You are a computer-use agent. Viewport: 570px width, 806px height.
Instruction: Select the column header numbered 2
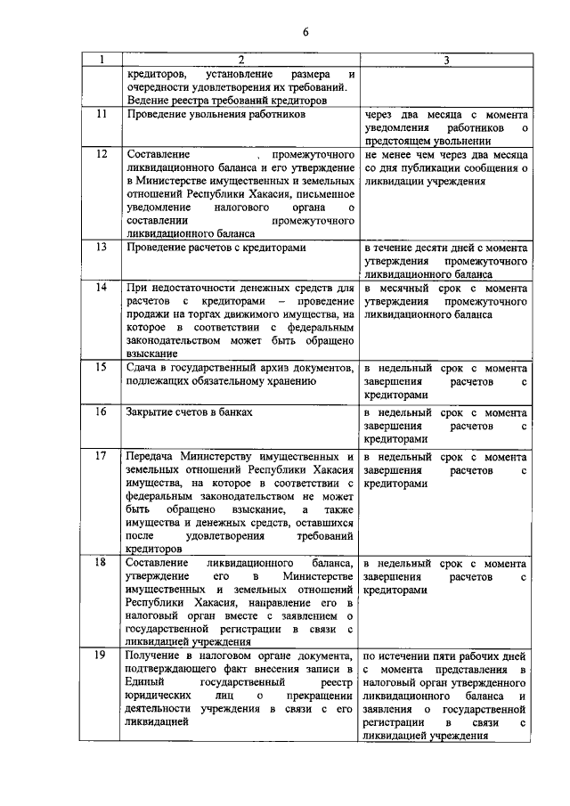pyautogui.click(x=240, y=61)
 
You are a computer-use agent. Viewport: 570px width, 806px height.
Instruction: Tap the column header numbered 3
pyautogui.click(x=446, y=61)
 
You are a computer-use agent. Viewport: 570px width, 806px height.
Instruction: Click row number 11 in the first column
pyautogui.click(x=102, y=115)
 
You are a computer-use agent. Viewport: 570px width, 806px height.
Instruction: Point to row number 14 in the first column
pyautogui.click(x=102, y=288)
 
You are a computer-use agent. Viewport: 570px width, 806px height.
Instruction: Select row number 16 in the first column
pyautogui.click(x=102, y=411)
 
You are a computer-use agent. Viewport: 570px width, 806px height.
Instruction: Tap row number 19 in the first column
pyautogui.click(x=102, y=655)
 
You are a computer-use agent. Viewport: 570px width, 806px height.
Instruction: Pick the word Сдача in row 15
pyautogui.click(x=143, y=367)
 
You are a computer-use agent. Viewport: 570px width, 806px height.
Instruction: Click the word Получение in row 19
pyautogui.click(x=157, y=655)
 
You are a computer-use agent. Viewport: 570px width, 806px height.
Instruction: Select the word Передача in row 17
pyautogui.click(x=153, y=456)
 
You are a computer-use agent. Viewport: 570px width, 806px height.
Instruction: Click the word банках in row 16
pyautogui.click(x=236, y=411)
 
